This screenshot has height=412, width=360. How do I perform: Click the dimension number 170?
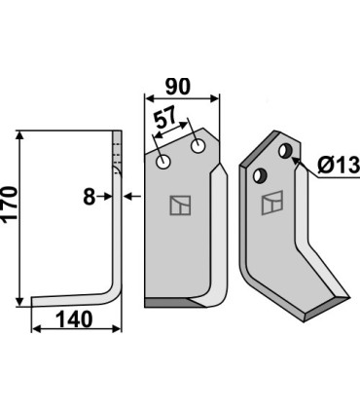coord(9,205)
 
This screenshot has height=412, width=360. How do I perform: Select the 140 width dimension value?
coord(74,319)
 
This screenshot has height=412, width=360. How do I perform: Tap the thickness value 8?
coord(89,197)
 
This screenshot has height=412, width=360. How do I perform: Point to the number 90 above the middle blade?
coord(177,87)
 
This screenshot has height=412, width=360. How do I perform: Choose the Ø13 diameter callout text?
coord(339,165)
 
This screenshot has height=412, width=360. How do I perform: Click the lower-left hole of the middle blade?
coord(163,162)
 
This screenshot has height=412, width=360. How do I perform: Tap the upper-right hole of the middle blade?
coord(198,146)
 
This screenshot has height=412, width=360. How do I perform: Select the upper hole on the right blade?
coord(286,150)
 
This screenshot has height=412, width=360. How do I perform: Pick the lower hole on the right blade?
coord(260,175)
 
